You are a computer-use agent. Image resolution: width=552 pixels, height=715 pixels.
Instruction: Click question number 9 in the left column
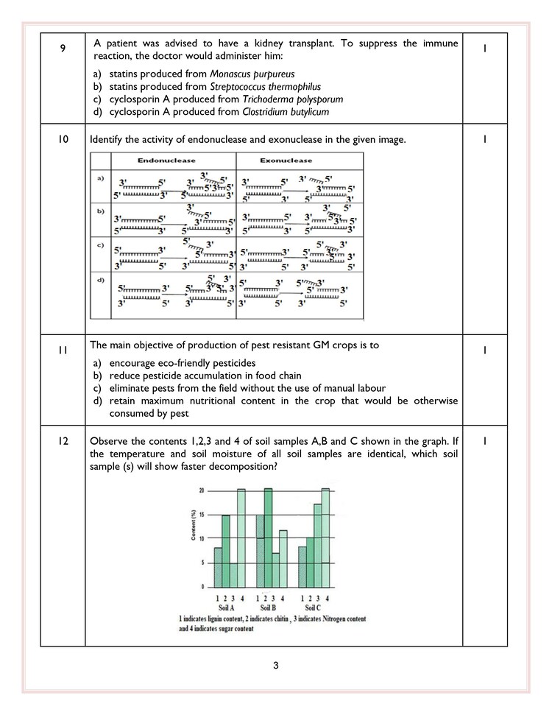63,48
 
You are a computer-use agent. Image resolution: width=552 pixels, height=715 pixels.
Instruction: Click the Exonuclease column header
286,160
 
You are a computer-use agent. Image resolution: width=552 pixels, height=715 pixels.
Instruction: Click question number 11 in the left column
63,351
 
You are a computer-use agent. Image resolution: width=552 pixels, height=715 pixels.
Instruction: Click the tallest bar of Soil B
268,537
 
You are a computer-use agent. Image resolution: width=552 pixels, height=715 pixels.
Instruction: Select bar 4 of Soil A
241,537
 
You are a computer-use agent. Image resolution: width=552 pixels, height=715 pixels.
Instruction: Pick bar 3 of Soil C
318,545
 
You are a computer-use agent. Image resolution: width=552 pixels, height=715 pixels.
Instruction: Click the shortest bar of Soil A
233,574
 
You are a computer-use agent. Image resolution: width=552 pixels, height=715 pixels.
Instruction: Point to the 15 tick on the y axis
202,514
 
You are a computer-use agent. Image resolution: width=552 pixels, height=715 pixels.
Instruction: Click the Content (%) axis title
193,526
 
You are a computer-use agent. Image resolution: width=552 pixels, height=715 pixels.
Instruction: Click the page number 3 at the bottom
275,666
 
